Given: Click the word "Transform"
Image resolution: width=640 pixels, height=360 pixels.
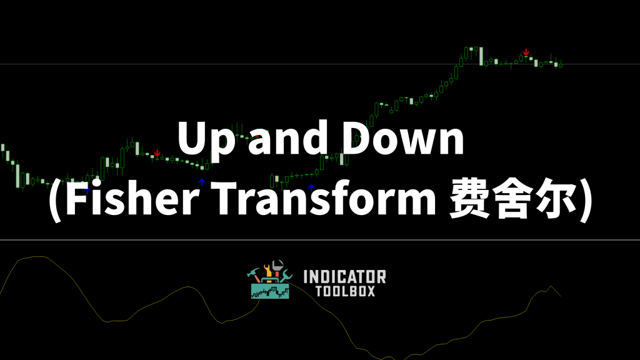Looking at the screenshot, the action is coord(323,197).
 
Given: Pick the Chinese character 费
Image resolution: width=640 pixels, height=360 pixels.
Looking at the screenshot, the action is coord(469,198).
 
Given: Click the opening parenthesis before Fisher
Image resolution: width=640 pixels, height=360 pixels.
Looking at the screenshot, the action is coord(55,200).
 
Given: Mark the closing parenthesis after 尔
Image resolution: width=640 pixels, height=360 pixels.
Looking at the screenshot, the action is coord(586,200).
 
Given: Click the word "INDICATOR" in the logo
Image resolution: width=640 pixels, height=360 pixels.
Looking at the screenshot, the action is coord(345,277).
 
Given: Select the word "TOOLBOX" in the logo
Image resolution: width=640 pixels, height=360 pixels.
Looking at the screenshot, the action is coord(345,291).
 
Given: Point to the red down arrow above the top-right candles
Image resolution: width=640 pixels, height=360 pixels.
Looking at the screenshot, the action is coord(526,52).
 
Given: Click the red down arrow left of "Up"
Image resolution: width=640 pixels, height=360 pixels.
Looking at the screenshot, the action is coord(157,154).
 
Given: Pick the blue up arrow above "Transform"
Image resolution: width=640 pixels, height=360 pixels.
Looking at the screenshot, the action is coord(311,187).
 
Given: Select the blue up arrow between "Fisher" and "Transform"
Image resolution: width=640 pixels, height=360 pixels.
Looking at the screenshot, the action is coord(202,182).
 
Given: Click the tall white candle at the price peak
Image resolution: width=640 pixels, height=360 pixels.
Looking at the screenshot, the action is coord(481,56).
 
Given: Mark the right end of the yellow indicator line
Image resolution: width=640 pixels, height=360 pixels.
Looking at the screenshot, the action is coord(561,296).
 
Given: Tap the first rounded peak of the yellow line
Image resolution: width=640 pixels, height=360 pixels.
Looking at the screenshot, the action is coord(39,256).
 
